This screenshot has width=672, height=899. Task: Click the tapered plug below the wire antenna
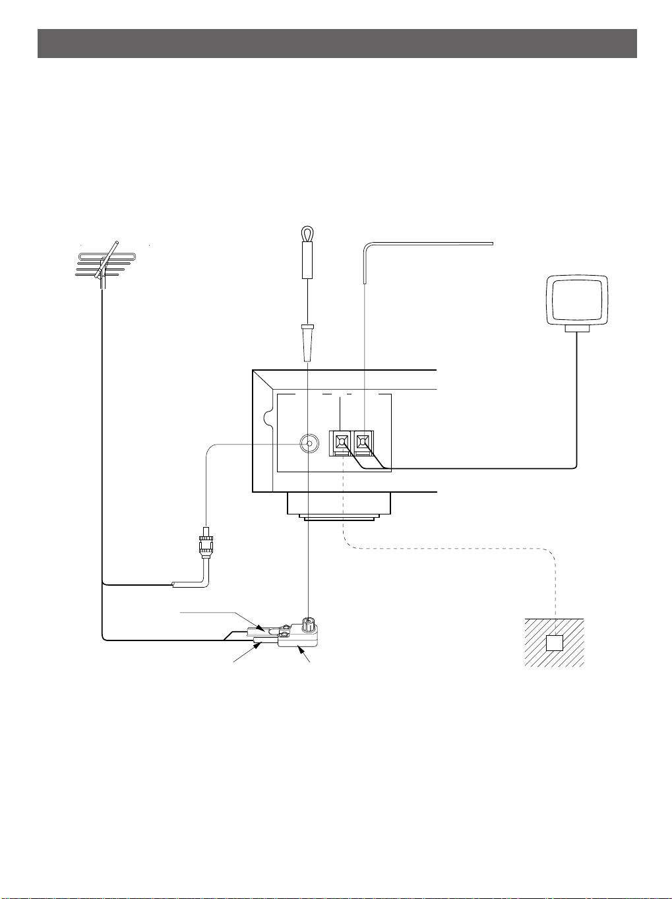[307, 344]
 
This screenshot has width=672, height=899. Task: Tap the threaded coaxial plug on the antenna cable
[206, 544]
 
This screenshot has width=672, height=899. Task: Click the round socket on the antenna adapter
[307, 623]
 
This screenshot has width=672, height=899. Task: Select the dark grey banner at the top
[336, 44]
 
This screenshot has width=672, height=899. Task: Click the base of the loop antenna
[577, 328]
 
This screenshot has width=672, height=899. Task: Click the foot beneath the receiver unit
[339, 506]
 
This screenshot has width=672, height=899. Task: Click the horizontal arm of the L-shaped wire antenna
[429, 244]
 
